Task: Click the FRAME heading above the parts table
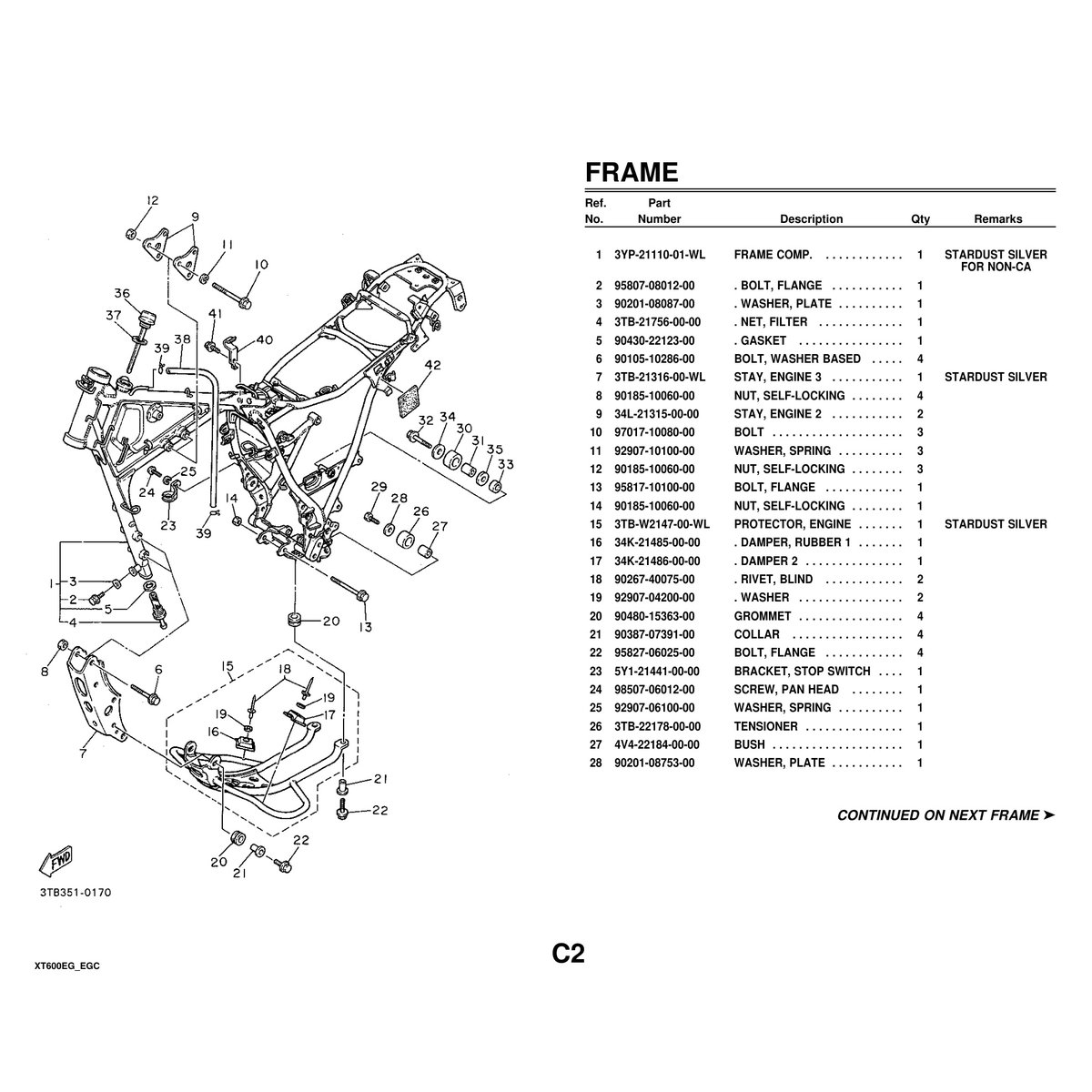click(x=631, y=172)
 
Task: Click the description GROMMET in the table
click(x=763, y=616)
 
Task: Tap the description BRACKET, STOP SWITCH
click(x=802, y=672)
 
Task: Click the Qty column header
click(x=920, y=219)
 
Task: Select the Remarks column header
click(x=997, y=219)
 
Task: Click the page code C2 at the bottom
click(x=567, y=953)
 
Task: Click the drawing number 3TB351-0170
click(x=75, y=893)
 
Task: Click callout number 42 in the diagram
click(x=431, y=365)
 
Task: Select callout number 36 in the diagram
click(x=122, y=293)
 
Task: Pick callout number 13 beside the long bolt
click(x=365, y=627)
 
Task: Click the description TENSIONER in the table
click(x=765, y=726)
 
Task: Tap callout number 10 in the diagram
click(x=261, y=265)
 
